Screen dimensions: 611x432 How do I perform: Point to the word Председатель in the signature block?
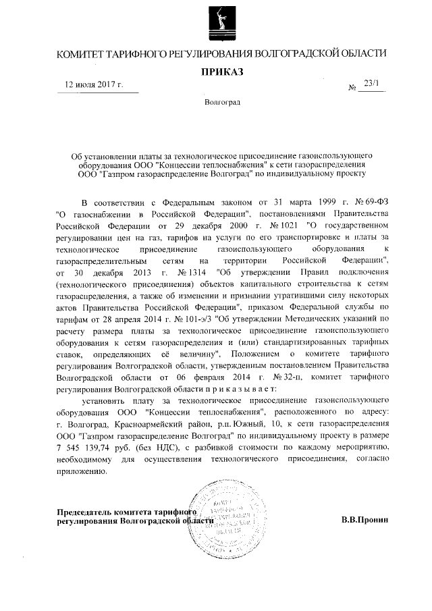[86, 511]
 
